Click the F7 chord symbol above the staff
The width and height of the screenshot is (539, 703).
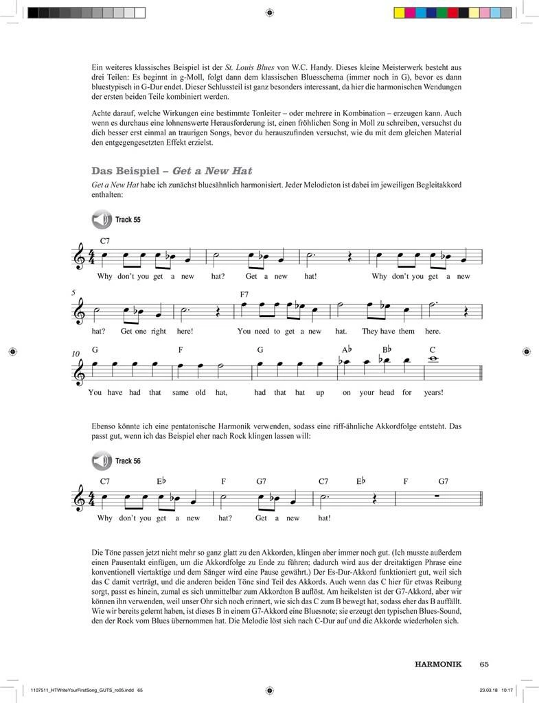[244, 294]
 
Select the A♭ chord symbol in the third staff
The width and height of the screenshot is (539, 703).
[347, 349]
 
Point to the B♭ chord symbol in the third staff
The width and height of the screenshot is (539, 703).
[386, 349]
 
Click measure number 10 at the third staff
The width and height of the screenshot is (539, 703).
[75, 354]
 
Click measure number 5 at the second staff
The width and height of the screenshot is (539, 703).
[74, 292]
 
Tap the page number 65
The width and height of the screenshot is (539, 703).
[484, 664]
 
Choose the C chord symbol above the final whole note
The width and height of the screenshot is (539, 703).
[433, 349]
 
